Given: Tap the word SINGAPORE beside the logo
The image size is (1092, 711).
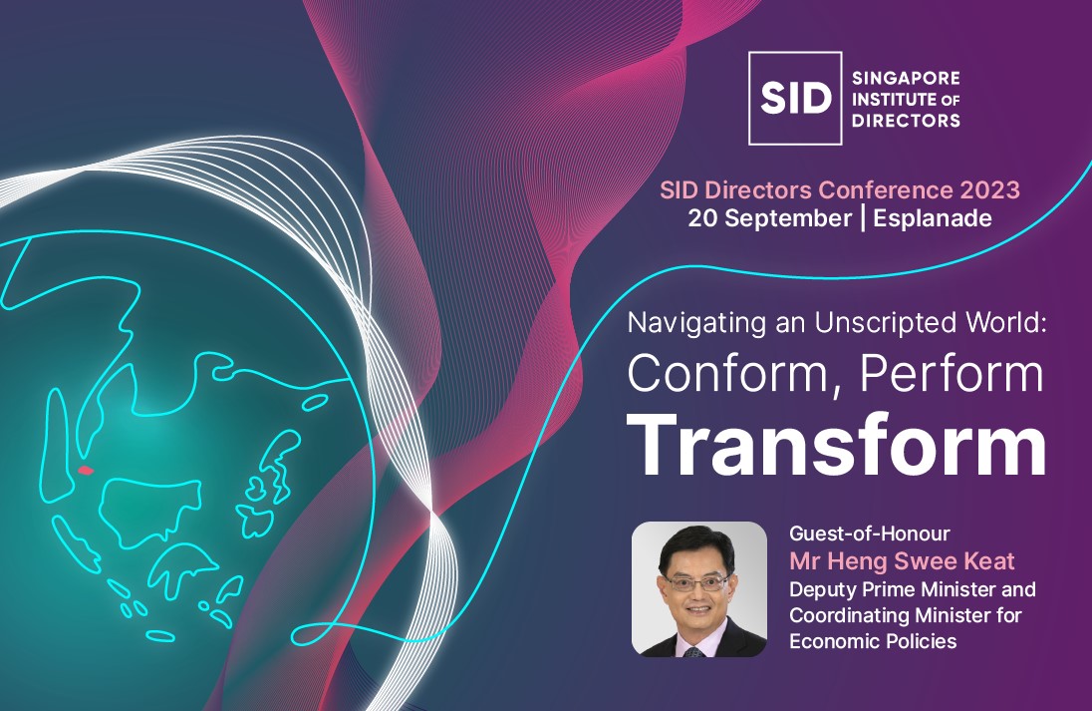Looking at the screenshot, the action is [906, 78].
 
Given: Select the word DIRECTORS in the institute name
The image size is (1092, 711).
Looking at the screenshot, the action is [906, 121].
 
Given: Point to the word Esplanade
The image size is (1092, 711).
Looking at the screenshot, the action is [933, 218].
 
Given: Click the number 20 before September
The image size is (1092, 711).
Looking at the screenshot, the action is [702, 218].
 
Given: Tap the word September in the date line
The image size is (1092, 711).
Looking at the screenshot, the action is [788, 219].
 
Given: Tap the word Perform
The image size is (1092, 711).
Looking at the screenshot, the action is [953, 374].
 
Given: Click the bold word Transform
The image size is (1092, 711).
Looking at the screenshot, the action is [836, 446].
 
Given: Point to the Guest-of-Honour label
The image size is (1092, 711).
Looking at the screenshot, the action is [869, 533].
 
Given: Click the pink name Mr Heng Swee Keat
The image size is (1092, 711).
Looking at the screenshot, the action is [902, 561].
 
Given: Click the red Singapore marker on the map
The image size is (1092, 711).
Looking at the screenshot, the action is [86, 471].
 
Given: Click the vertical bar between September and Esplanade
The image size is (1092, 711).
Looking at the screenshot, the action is [864, 218].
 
